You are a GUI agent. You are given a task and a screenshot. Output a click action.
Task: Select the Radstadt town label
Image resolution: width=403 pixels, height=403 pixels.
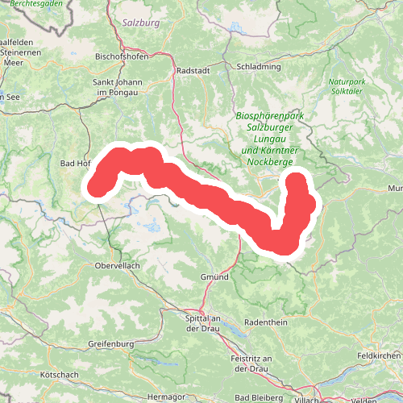[193, 70]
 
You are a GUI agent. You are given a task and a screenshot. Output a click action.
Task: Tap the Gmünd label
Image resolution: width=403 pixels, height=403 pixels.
[214, 276]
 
